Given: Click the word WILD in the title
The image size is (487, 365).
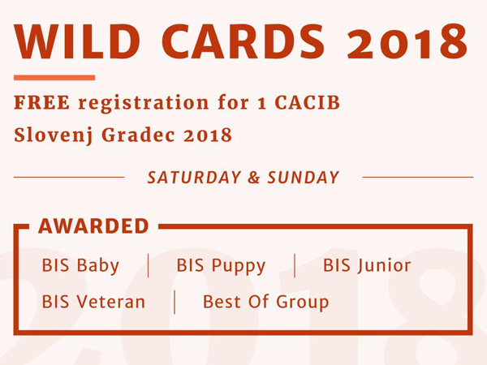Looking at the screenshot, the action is coord(77,41).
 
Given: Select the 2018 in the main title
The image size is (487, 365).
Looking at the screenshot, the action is coord(407,41).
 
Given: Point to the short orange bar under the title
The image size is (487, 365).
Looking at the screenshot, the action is coord(54,78).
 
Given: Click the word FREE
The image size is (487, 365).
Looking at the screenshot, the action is coord(42,103).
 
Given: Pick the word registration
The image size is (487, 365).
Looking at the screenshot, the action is coord(144,103).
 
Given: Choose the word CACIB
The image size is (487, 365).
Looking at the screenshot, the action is coord(307,103).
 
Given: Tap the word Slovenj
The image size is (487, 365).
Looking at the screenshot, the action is coord(54,135).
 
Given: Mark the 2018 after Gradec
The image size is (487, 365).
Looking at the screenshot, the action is coord(208,135).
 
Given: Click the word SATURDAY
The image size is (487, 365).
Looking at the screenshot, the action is coord(194,178).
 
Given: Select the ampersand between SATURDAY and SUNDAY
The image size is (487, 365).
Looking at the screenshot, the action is coord(254,178).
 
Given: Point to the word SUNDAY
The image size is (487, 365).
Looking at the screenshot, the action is coord(303,178).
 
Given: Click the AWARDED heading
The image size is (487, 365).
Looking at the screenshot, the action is coord(93,226).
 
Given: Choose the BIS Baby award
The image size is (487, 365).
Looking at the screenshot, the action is coord(80,266).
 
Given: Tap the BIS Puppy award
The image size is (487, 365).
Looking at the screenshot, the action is coord(221,266).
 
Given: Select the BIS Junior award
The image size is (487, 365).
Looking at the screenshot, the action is coord(367,266).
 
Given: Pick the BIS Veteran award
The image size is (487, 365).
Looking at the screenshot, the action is coord(93,302).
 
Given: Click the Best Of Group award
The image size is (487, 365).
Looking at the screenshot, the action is coord(265,302).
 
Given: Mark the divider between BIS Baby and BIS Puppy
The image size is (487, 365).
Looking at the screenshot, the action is coord(149,266).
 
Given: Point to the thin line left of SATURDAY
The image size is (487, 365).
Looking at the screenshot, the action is coord(69,177).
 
